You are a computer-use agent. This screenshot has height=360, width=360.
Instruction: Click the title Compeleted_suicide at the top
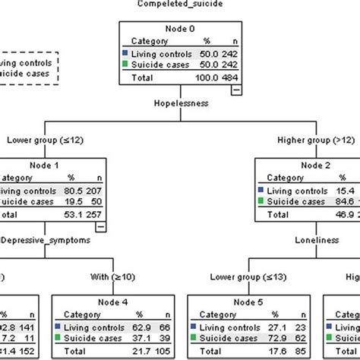[x=180, y=5]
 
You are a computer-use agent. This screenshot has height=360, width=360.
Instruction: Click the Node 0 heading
[x=180, y=30]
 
